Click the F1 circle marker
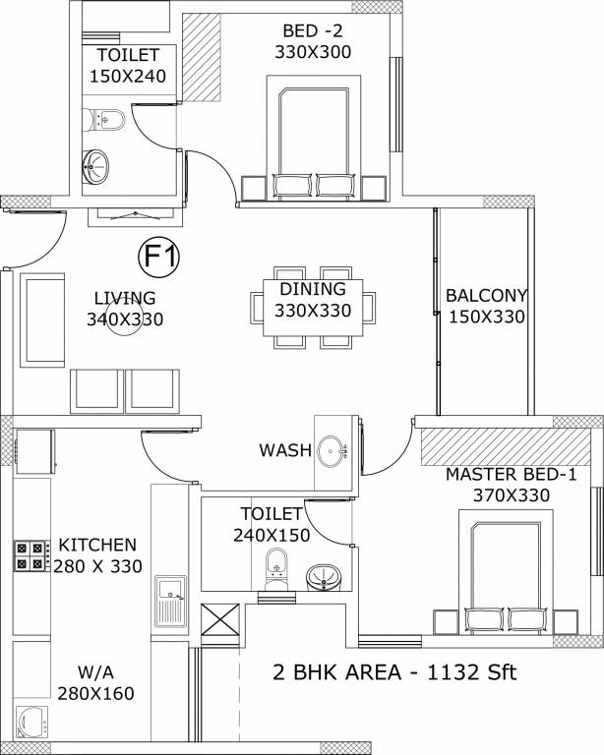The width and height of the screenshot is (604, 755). pos(158,258)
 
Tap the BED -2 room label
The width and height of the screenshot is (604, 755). pos(314,30)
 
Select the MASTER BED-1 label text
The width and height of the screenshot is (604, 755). pos(511,475)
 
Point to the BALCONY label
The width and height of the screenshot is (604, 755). pos(487,295)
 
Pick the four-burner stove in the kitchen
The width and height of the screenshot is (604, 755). pos(30,556)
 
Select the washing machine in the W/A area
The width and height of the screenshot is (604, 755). pos(32,722)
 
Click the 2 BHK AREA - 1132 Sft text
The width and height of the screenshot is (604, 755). pos(393,673)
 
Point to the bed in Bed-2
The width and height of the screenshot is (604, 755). pos(314,138)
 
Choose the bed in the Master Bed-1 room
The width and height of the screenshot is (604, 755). pos(507,578)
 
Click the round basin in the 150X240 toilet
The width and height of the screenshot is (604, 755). pos(96,165)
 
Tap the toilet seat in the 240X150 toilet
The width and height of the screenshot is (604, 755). pos(277,569)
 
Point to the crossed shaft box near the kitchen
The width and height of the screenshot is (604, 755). pos(219,622)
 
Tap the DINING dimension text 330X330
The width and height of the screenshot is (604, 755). pos(313,312)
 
